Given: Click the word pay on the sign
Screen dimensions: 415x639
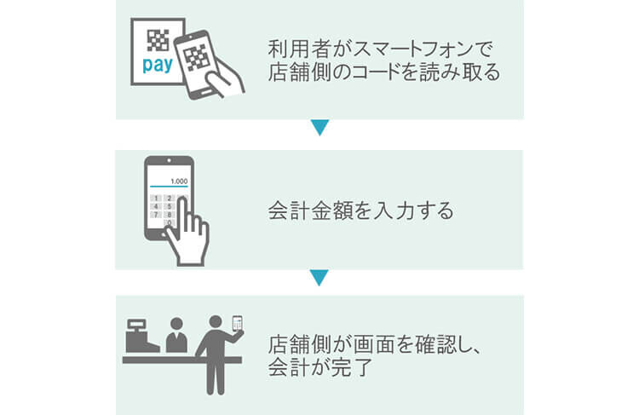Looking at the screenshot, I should tap(155, 66).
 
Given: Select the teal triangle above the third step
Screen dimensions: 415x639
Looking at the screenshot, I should tap(319, 278).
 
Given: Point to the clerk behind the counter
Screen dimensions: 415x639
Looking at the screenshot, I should tap(176, 336).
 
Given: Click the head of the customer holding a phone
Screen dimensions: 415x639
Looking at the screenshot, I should tap(215, 321).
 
